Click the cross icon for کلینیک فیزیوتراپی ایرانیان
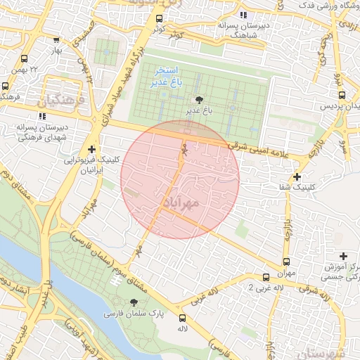(92, 149)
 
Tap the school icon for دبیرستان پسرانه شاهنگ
(243, 15)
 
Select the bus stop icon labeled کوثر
(160, 19)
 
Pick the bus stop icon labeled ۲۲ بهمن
(25, 59)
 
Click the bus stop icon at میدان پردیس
(340, 94)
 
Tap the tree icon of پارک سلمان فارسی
(134, 302)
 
